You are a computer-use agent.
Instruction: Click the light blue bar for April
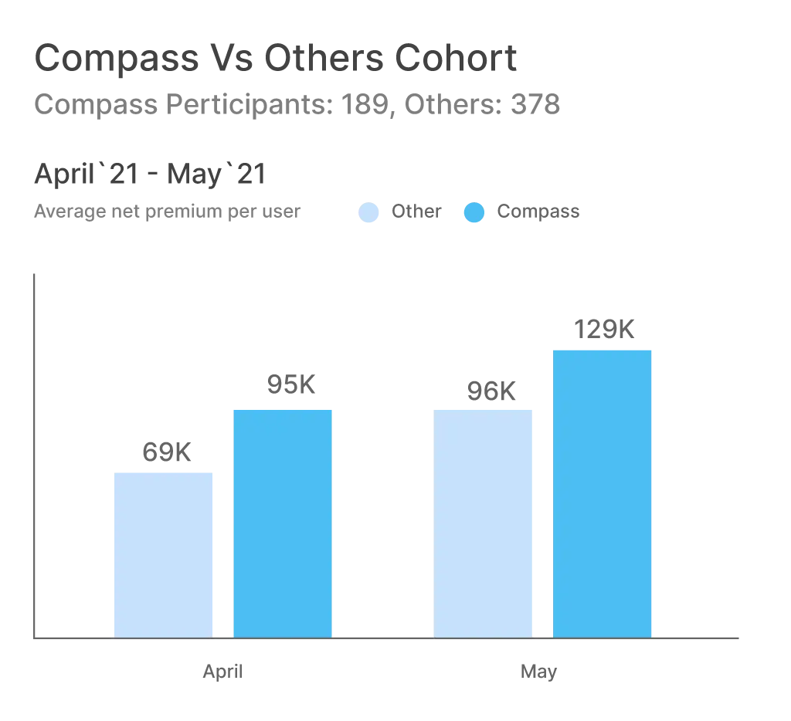pyautogui.click(x=164, y=553)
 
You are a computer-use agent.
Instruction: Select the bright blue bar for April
pyautogui.click(x=282, y=523)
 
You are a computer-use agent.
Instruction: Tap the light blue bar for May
pyautogui.click(x=484, y=523)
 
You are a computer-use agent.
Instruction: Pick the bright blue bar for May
pyautogui.click(x=603, y=492)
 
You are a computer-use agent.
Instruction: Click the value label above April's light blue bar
pyautogui.click(x=166, y=452)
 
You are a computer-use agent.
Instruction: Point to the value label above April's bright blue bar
pyautogui.click(x=290, y=384)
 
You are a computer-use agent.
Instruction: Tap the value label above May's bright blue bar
pyautogui.click(x=606, y=328)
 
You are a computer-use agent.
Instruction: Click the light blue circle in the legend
pyautogui.click(x=371, y=212)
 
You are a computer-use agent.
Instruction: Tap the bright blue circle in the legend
pyautogui.click(x=475, y=212)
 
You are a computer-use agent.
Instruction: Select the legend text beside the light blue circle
pyautogui.click(x=416, y=213)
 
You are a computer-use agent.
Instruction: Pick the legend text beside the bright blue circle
pyautogui.click(x=536, y=213)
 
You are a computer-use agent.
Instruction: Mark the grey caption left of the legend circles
pyautogui.click(x=166, y=213)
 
